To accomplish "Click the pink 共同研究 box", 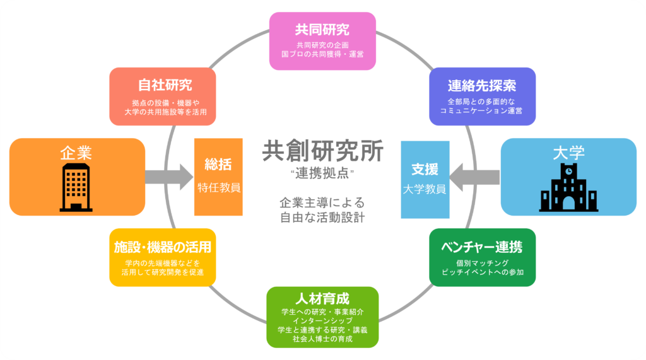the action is (322, 41).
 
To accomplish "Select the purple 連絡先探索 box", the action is (483, 96).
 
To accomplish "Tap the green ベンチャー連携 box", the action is (483, 257).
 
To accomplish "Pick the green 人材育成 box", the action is (322, 317).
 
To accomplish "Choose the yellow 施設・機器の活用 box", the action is (163, 257).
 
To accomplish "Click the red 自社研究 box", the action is (163, 96).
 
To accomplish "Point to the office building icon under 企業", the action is (76, 187).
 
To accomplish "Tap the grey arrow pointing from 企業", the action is (169, 177).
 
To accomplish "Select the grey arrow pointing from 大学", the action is (474, 178).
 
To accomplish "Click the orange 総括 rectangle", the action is (218, 177).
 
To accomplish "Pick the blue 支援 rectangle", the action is (425, 180).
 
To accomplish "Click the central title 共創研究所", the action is (322, 151).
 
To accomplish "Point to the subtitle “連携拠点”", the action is (322, 173).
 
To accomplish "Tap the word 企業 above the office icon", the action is (76, 153).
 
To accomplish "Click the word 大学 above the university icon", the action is (568, 153).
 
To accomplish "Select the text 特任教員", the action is (219, 188).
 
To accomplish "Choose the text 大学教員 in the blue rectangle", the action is (425, 189).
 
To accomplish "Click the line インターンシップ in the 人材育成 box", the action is (322, 320).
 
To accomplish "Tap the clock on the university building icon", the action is (568, 170).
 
